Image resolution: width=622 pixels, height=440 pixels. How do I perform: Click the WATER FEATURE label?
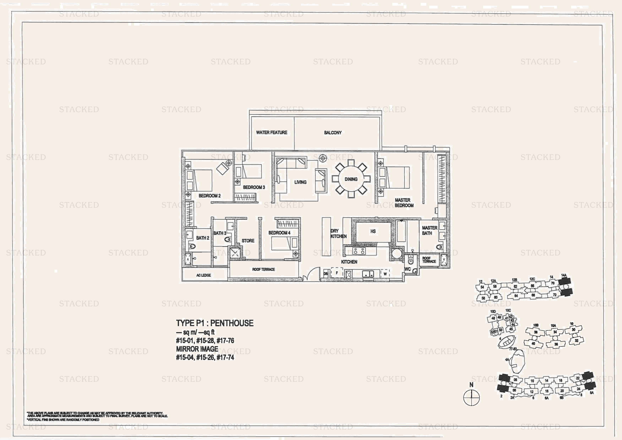click(271, 133)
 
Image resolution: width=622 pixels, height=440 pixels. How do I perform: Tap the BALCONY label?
click(333, 133)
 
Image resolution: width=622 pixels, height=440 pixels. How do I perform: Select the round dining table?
click(351, 179)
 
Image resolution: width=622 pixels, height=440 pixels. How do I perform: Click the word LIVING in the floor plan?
click(300, 182)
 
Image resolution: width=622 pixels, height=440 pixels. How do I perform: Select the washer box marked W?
click(385, 274)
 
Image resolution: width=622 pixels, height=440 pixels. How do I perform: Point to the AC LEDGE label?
click(203, 275)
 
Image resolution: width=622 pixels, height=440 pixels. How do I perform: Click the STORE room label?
click(248, 241)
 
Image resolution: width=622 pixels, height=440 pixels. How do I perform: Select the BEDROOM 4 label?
click(279, 233)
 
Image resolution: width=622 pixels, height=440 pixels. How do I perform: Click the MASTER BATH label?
click(429, 230)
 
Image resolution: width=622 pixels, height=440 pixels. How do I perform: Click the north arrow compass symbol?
click(471, 397)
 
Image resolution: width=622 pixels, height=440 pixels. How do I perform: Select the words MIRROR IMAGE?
click(197, 349)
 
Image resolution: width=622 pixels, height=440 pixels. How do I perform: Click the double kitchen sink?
click(368, 274)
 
